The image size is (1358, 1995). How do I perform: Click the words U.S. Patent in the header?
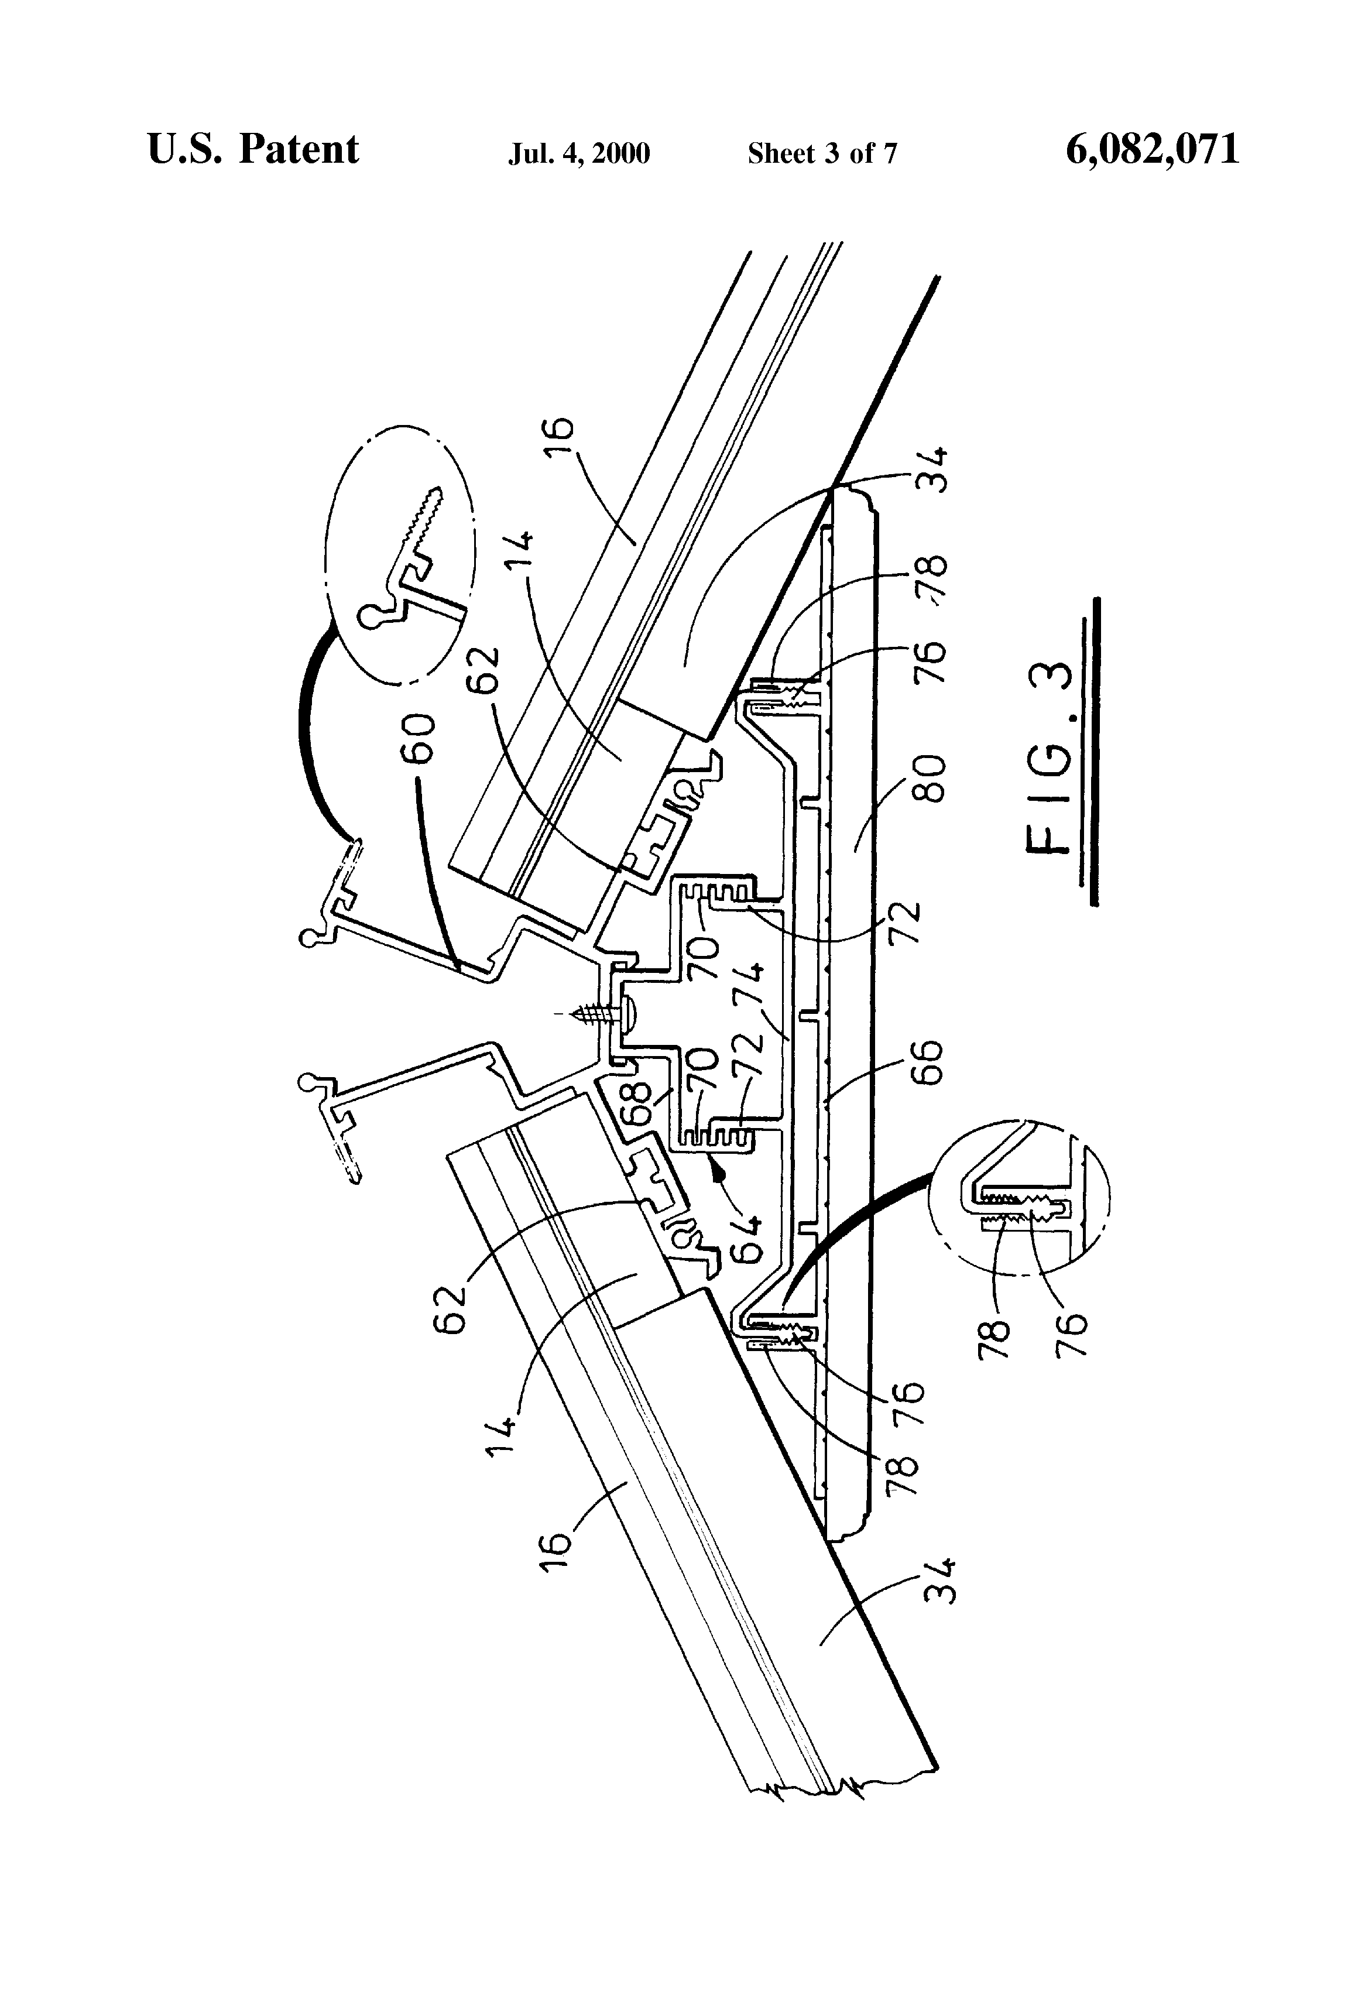coord(253,149)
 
